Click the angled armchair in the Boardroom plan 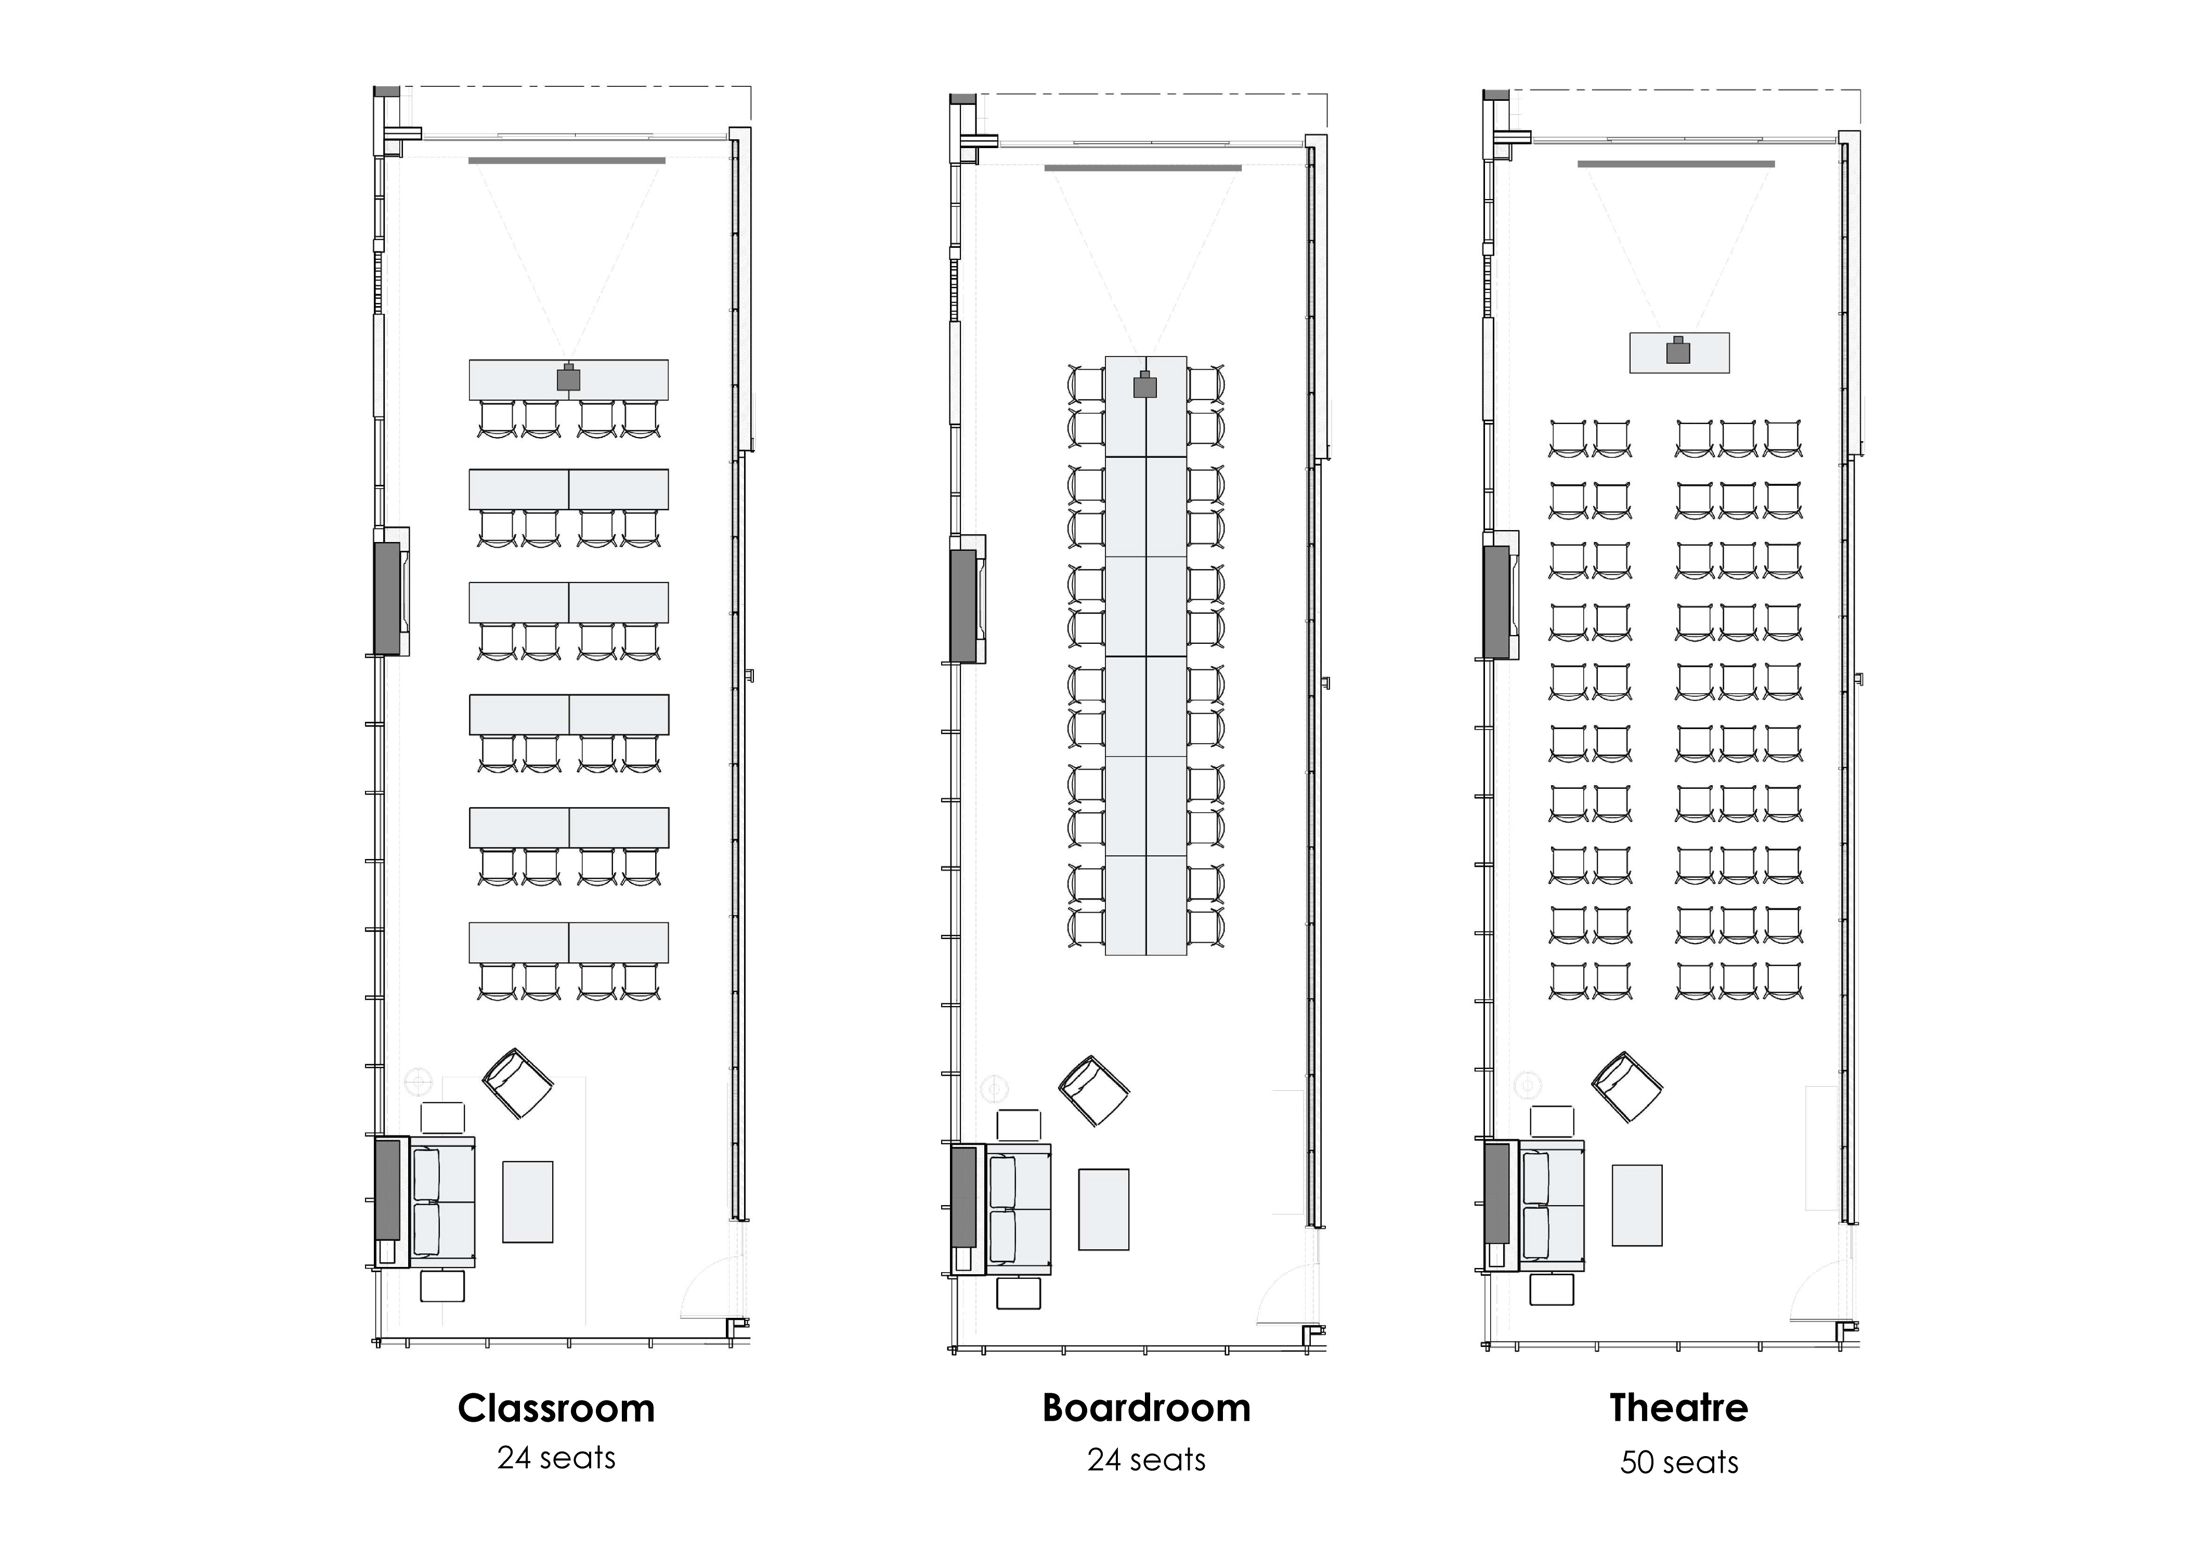pos(1093,1090)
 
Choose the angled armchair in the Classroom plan pos(518,1083)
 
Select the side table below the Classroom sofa pos(442,1286)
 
